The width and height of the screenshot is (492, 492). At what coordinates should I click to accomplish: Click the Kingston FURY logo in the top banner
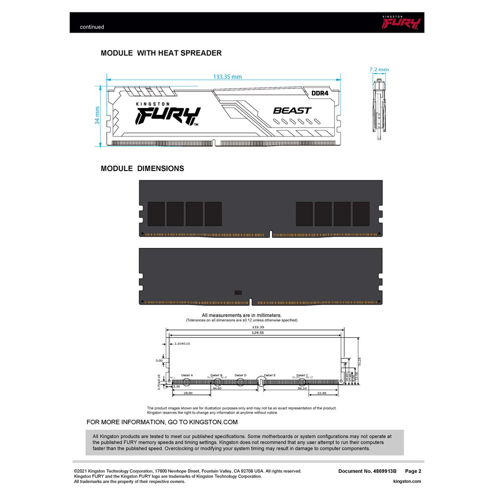pyautogui.click(x=401, y=22)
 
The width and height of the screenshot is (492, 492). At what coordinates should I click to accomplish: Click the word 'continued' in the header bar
pyautogui.click(x=92, y=27)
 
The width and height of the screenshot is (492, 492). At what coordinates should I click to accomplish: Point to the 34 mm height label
pyautogui.click(x=98, y=115)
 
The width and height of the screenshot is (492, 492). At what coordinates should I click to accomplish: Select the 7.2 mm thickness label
pyautogui.click(x=379, y=70)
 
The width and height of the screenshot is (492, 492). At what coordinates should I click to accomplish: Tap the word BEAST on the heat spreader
pyautogui.click(x=292, y=111)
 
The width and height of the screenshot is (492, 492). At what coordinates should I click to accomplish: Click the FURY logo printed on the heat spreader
pyautogui.click(x=167, y=115)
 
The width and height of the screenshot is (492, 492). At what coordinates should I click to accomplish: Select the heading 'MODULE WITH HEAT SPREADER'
pyautogui.click(x=161, y=53)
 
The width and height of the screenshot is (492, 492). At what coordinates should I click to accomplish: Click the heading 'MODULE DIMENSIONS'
pyautogui.click(x=142, y=169)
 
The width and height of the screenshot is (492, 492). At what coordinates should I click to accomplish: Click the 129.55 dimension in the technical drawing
pyautogui.click(x=255, y=332)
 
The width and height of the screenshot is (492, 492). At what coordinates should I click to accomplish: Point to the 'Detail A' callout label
pyautogui.click(x=187, y=375)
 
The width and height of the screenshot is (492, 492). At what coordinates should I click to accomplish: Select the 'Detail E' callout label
pyautogui.click(x=270, y=375)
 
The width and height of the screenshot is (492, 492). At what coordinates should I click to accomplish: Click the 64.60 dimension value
pyautogui.click(x=217, y=388)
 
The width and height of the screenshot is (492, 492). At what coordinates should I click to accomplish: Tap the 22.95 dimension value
pyautogui.click(x=322, y=393)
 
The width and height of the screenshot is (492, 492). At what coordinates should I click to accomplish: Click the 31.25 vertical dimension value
pyautogui.click(x=360, y=360)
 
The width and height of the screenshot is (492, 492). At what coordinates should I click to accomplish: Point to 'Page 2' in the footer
pyautogui.click(x=413, y=471)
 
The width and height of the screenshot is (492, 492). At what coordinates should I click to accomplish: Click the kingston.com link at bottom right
pyautogui.click(x=406, y=481)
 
